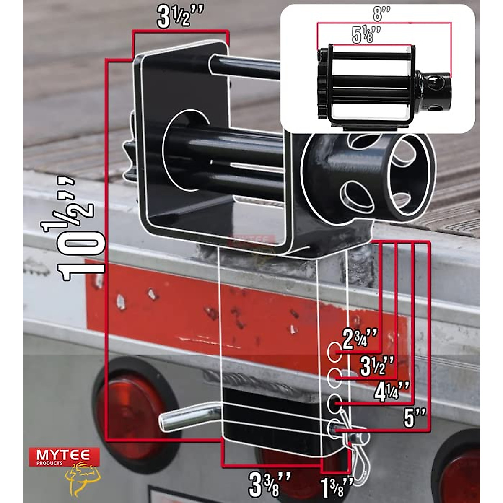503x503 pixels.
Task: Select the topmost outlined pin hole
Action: click(x=334, y=352)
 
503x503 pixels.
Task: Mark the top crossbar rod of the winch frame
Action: click(x=247, y=67)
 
